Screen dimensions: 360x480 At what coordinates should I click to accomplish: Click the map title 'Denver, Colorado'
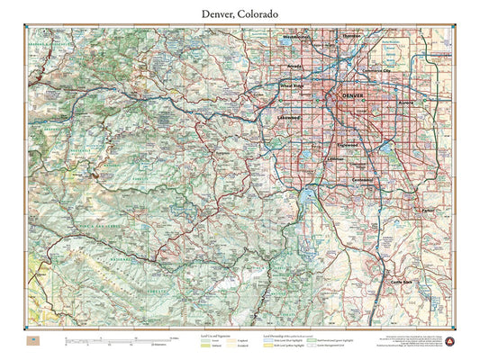(x=240, y=14)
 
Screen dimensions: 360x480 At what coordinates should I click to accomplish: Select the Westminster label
(x=296, y=38)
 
